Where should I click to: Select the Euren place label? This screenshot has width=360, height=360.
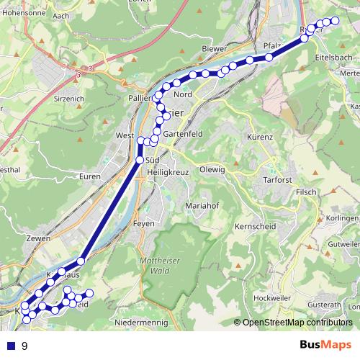(90, 176)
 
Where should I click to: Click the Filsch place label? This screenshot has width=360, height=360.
(306, 192)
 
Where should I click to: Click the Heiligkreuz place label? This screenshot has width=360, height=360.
(166, 172)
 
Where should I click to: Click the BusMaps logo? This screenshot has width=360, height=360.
(326, 346)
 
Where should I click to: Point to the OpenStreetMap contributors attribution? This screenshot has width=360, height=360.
(297, 323)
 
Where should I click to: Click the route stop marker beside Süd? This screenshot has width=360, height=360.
(140, 159)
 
